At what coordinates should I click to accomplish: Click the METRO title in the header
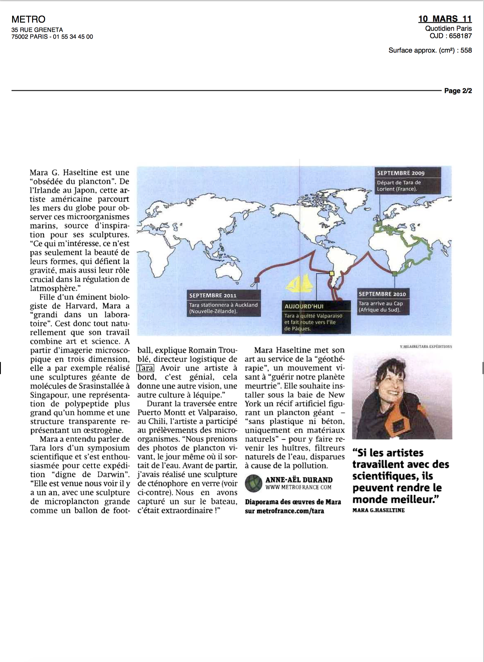(28, 19)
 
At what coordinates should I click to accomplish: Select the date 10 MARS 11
(445, 19)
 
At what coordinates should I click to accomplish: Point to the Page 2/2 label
(458, 91)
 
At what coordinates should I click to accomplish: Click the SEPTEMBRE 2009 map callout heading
(400, 173)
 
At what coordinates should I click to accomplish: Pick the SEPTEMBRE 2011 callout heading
(213, 296)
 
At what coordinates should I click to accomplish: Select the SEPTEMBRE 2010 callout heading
(382, 294)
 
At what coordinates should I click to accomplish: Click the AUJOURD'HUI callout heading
(304, 306)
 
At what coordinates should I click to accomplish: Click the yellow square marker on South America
(332, 273)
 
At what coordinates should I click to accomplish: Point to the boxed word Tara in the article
(145, 368)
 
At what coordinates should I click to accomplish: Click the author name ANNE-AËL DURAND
(299, 480)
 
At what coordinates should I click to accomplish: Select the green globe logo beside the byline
(253, 483)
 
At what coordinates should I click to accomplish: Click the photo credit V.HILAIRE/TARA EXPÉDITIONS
(426, 347)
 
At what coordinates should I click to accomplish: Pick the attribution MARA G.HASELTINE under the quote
(378, 510)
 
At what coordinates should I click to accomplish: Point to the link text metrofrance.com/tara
(290, 511)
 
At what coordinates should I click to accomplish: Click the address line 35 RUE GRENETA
(37, 30)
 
